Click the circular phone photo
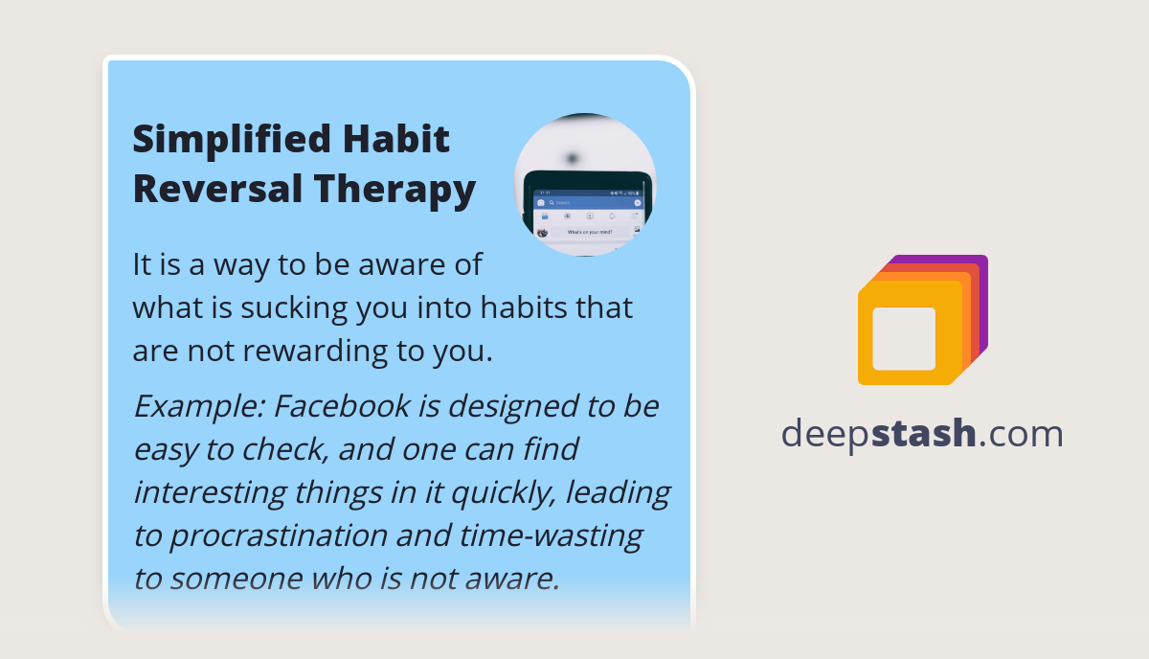(x=585, y=185)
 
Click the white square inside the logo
(x=904, y=338)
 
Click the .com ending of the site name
(x=1022, y=433)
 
